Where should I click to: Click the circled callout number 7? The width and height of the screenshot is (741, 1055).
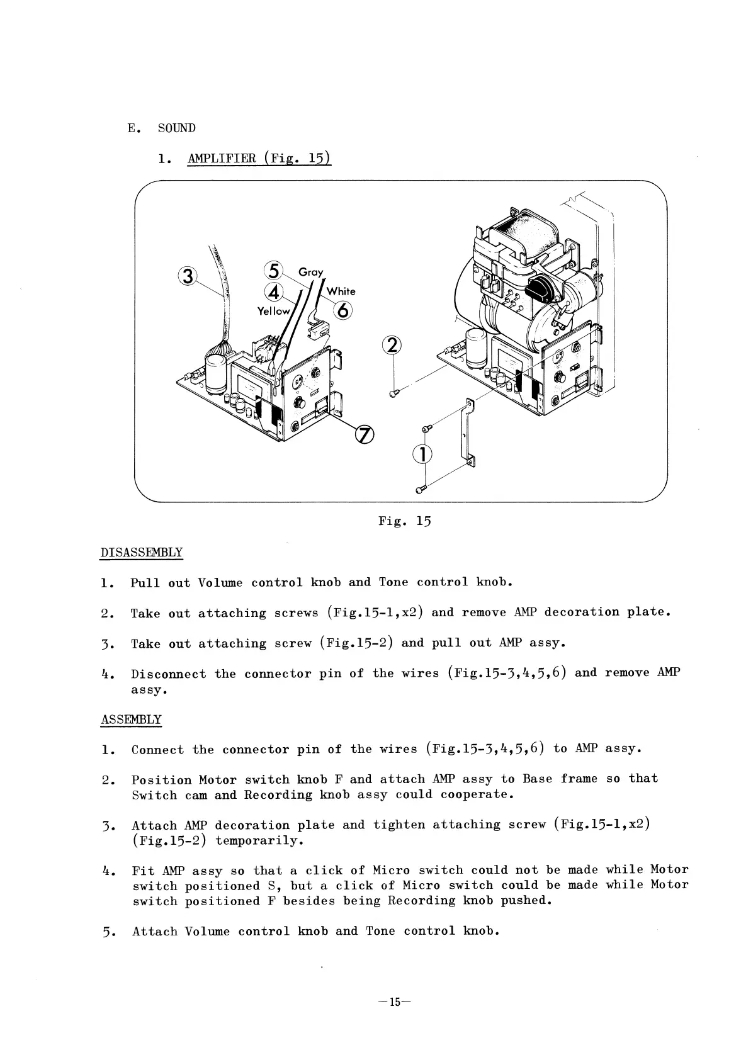click(x=364, y=434)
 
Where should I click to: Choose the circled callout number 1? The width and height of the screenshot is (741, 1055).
click(x=422, y=454)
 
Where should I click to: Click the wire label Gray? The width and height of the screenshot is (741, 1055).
click(x=311, y=272)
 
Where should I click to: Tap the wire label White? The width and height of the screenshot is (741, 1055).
click(x=341, y=291)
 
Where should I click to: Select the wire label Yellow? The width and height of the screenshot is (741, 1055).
click(x=273, y=311)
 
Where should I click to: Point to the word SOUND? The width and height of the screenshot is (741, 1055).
click(x=177, y=128)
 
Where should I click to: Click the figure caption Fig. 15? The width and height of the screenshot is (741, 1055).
click(x=404, y=521)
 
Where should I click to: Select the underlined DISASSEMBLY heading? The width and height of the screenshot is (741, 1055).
click(x=141, y=552)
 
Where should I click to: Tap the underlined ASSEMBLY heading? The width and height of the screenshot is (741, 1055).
click(x=131, y=719)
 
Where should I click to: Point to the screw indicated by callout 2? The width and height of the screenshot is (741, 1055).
click(x=392, y=393)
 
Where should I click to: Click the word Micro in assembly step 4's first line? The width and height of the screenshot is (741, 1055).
click(x=391, y=870)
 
